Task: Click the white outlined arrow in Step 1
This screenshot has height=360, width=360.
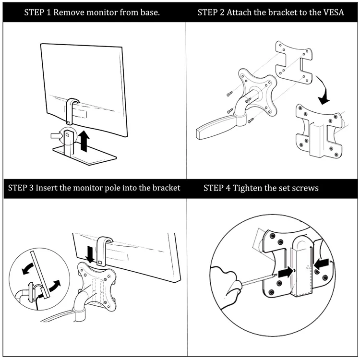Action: [56, 137]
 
